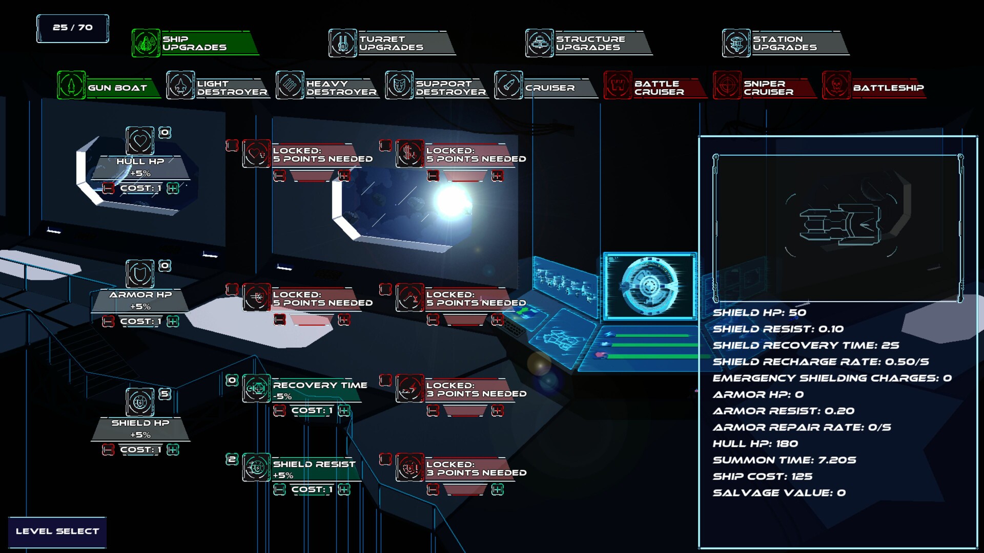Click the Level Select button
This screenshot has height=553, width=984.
[57, 531]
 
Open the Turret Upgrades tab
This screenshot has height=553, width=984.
[392, 43]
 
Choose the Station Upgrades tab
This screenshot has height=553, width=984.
[785, 43]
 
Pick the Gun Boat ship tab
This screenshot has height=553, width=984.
[109, 86]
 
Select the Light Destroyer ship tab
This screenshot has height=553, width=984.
[218, 86]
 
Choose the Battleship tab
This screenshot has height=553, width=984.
[874, 86]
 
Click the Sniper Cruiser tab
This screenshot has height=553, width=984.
[765, 86]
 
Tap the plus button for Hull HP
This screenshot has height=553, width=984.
[173, 188]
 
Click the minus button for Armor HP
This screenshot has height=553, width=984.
[108, 322]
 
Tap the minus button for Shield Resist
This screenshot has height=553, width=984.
[279, 490]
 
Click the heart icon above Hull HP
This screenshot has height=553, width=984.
[140, 140]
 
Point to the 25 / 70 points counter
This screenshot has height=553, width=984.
[73, 28]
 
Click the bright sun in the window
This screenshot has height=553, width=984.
[452, 201]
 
